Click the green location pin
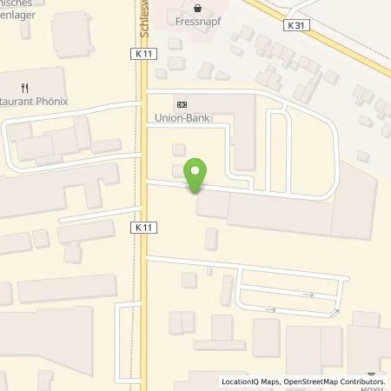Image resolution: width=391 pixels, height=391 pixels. point(196,176)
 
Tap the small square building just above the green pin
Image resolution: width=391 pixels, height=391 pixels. point(179,149)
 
